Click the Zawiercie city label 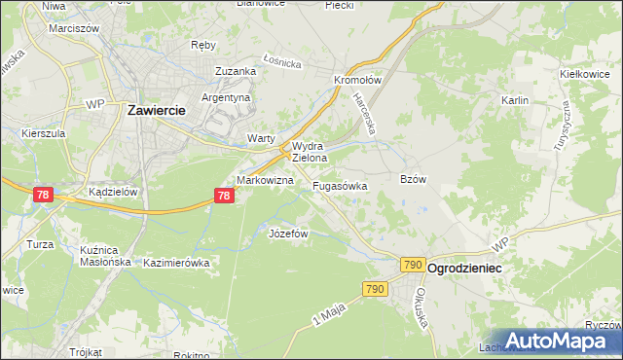click(x=157, y=111)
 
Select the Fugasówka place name click(x=340, y=185)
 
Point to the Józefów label click(x=288, y=234)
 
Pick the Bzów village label click(x=414, y=179)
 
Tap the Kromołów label click(x=355, y=81)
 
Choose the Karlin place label click(x=514, y=100)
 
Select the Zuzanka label click(x=236, y=71)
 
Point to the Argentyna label click(x=227, y=98)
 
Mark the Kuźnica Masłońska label click(x=104, y=256)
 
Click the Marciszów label click(x=75, y=28)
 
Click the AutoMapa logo click(x=557, y=341)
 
